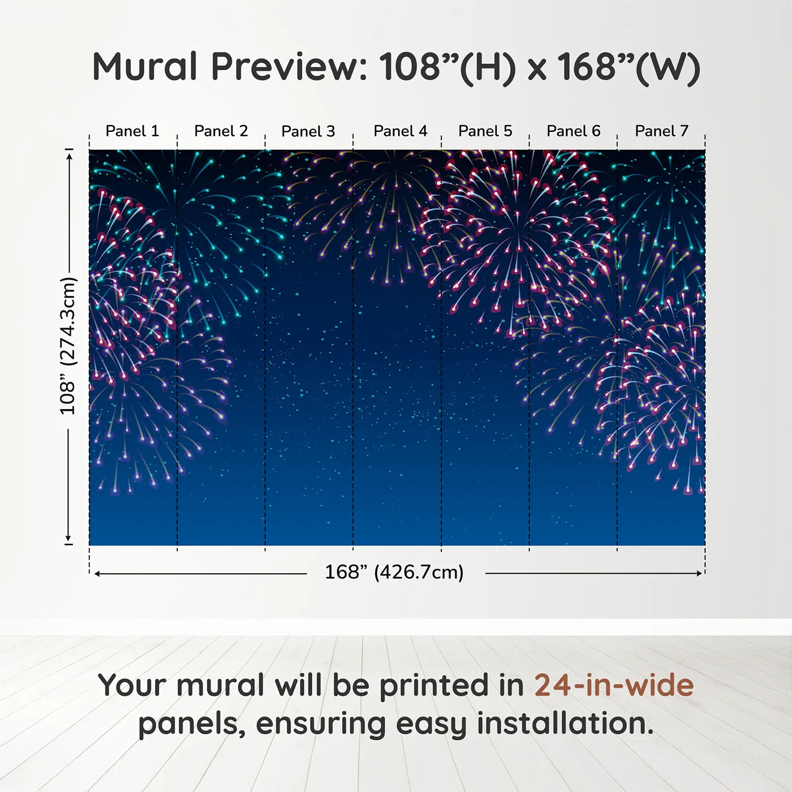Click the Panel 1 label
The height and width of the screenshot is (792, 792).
pos(132,131)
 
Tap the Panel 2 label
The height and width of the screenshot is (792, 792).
pos(221,131)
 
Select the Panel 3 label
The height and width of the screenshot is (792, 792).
pos(308,131)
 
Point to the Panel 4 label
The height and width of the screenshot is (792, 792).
pos(401,131)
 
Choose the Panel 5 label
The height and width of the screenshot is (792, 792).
pos(485,131)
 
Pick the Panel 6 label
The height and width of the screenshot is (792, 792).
pos(573,131)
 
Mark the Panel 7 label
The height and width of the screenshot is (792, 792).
pos(662,131)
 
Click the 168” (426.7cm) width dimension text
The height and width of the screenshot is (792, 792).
pos(394,572)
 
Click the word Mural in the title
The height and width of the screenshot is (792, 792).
pos(145,66)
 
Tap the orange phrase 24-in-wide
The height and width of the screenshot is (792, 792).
pos(614,686)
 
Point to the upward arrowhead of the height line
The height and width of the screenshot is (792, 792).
pos(69,156)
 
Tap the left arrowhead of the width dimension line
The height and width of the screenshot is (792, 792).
pos(97,574)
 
